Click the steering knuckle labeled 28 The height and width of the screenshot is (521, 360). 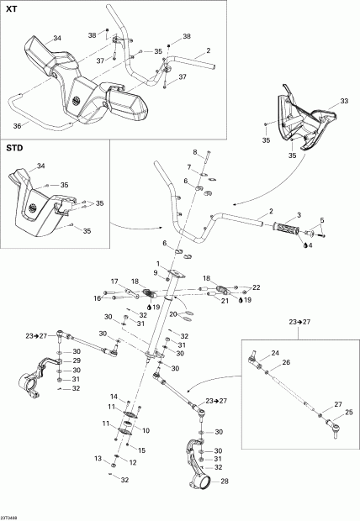196,466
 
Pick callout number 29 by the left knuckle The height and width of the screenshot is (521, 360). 76,360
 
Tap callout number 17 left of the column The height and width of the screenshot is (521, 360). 146,429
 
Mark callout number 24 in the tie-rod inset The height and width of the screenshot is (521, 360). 274,353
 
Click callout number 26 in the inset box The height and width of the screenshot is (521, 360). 285,363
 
